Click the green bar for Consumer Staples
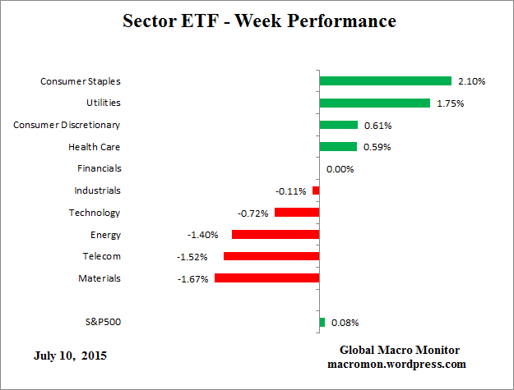coord(385,81)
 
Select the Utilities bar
coord(374,103)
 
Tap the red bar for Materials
coord(266,278)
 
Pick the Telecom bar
coord(271,256)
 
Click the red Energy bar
coord(275,235)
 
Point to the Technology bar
coord(296,213)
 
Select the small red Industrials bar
coord(316,190)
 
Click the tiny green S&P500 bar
coord(322,323)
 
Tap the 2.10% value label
coord(471,81)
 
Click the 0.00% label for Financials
coord(340,169)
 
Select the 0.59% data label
coord(377,147)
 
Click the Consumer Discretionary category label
coord(67,125)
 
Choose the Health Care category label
coord(95,147)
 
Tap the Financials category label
coord(99,168)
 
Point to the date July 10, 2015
coord(70,356)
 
